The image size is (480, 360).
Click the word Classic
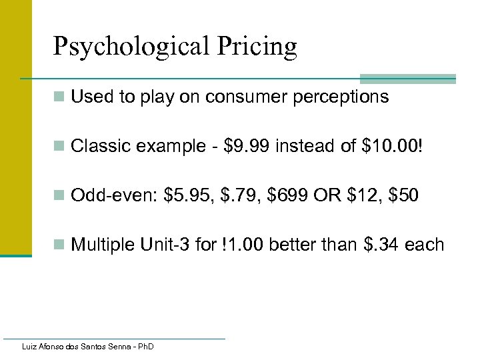tap(100, 147)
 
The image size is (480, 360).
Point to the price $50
tap(404, 196)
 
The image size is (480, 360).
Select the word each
tap(424, 245)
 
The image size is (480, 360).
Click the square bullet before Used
tap(59, 98)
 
